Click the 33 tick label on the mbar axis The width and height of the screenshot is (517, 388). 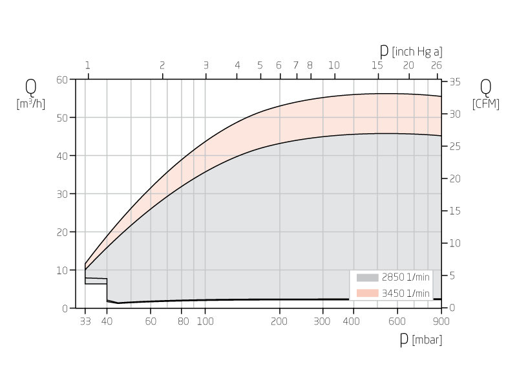[x=85, y=321]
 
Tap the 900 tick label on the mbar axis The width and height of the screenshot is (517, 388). [x=441, y=321]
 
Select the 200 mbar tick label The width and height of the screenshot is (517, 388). [x=279, y=321]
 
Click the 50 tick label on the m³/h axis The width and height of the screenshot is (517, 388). [x=62, y=118]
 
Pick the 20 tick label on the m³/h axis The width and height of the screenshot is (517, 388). [x=62, y=232]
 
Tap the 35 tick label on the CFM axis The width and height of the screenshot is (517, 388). [x=455, y=82]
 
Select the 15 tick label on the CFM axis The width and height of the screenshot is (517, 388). [x=455, y=211]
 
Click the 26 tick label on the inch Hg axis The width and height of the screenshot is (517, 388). [x=436, y=65]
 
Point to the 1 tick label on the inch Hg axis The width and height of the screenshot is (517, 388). [x=88, y=65]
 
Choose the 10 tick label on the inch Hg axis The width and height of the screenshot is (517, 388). [x=333, y=65]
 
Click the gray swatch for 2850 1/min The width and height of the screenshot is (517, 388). [x=367, y=277]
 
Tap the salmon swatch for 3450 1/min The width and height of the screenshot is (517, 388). [x=367, y=293]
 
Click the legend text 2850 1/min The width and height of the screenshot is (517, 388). [x=405, y=277]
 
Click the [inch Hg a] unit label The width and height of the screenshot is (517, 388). [x=417, y=52]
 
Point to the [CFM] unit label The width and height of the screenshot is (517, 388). [x=486, y=104]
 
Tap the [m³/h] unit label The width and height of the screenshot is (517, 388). [x=31, y=104]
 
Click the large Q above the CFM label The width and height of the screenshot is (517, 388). [x=485, y=87]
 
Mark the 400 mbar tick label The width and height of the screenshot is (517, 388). [x=352, y=321]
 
